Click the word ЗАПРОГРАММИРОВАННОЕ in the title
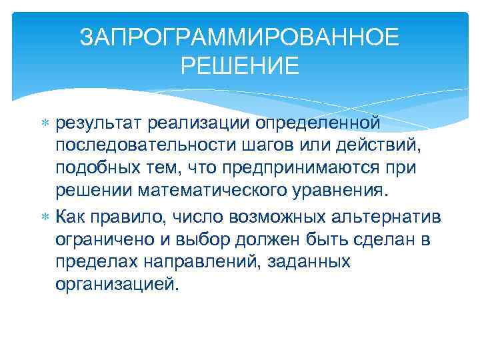[x=240, y=38]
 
